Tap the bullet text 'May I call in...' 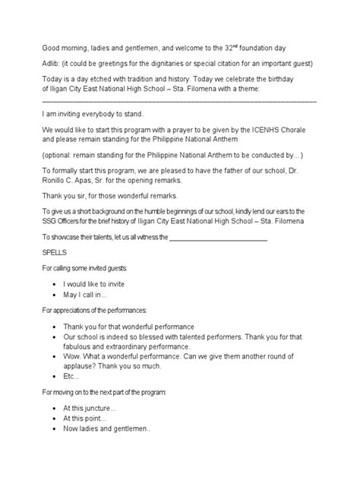coord(86,293)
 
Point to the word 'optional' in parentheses coord(62,153)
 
